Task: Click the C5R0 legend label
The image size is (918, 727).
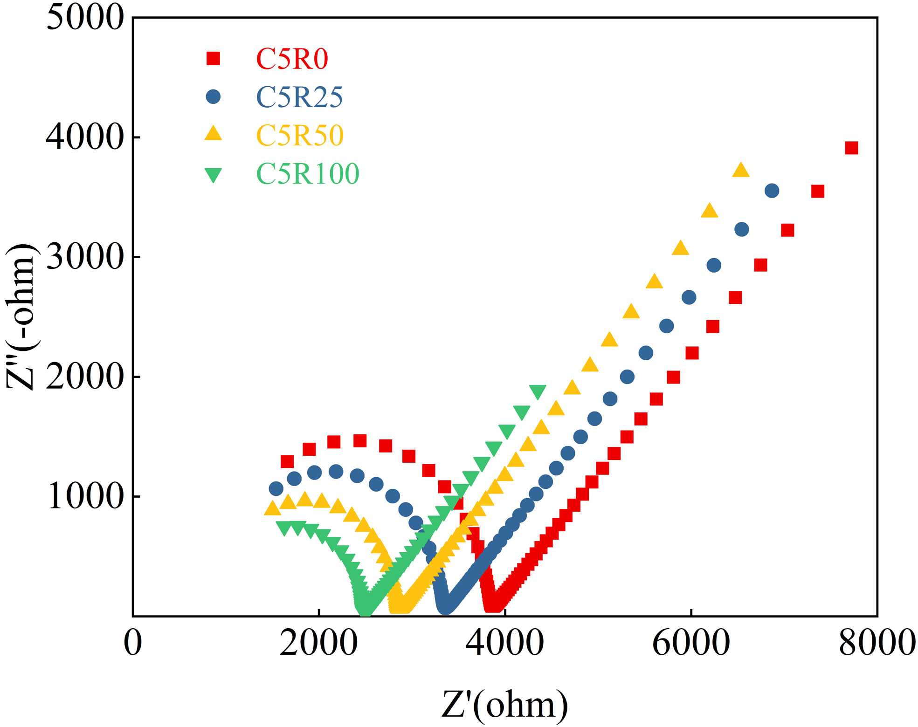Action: click(x=292, y=59)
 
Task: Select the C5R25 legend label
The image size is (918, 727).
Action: click(x=299, y=97)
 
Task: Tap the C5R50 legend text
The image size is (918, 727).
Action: click(x=300, y=136)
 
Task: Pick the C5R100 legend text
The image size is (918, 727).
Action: click(x=308, y=174)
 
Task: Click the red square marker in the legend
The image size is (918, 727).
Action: click(x=214, y=59)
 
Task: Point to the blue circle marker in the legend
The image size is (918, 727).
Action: click(x=213, y=97)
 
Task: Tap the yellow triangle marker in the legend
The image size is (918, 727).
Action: click(x=214, y=134)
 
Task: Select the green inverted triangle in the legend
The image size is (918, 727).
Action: click(x=214, y=175)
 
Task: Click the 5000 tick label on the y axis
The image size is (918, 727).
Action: click(x=85, y=19)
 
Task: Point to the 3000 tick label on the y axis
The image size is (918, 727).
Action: click(x=85, y=257)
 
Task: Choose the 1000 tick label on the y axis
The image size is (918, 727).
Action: click(x=85, y=497)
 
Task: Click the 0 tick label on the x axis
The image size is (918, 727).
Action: click(x=133, y=644)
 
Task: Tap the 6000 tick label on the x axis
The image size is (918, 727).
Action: click(x=690, y=644)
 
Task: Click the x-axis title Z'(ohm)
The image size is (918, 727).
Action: click(x=504, y=705)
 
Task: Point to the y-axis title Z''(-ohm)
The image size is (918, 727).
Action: click(x=21, y=317)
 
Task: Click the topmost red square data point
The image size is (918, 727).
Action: click(x=851, y=148)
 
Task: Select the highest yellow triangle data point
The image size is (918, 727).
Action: click(x=741, y=171)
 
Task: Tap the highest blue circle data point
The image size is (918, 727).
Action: click(x=772, y=191)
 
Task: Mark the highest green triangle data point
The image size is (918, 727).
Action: click(x=538, y=392)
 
